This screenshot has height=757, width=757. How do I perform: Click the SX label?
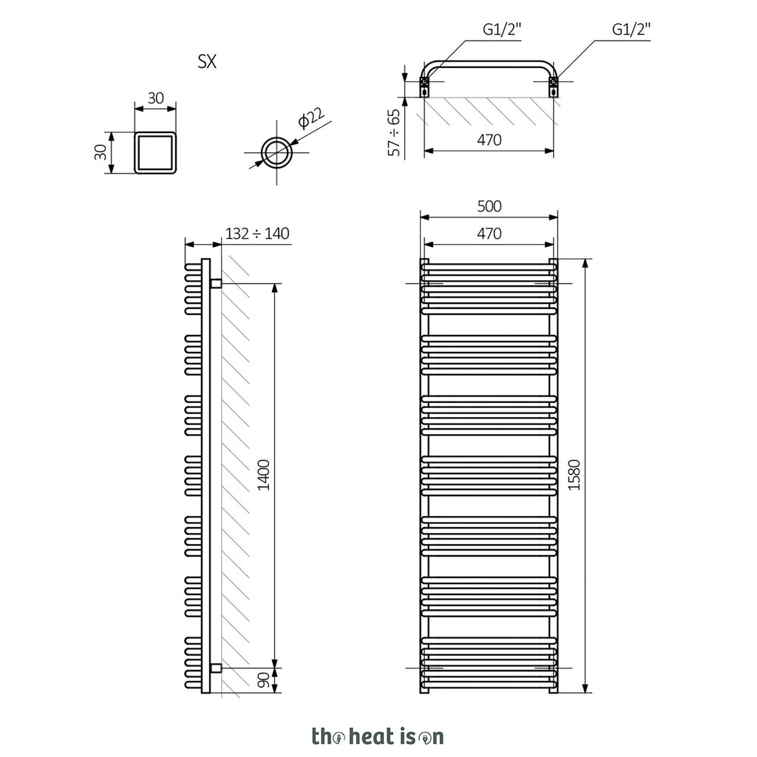click(x=207, y=62)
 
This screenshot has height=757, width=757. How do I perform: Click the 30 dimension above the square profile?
click(x=155, y=98)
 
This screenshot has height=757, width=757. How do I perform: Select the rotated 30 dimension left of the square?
click(x=100, y=152)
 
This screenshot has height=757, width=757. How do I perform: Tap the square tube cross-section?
click(x=155, y=152)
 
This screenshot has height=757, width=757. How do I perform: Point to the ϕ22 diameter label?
click(x=311, y=118)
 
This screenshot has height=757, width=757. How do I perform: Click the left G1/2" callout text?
click(x=502, y=30)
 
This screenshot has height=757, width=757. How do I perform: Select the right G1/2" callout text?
click(x=631, y=30)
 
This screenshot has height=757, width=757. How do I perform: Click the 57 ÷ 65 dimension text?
click(x=395, y=132)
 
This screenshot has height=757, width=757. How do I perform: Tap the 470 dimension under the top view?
click(x=489, y=140)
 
